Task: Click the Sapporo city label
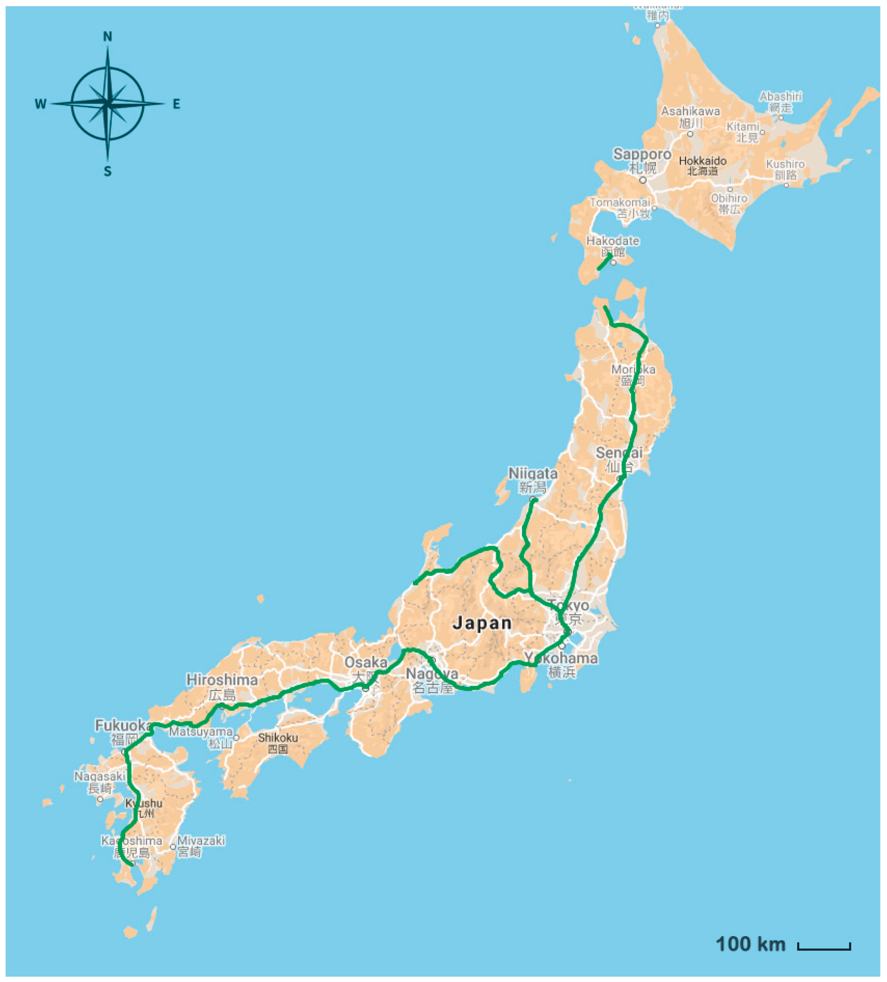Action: [642, 155]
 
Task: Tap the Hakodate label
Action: [612, 241]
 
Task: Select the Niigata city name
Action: [532, 473]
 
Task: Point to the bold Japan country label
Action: [482, 623]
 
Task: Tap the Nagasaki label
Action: [99, 776]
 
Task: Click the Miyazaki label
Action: [201, 840]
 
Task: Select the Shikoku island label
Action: [278, 737]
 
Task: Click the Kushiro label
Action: [785, 164]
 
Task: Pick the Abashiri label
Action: [780, 96]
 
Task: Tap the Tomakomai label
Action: [620, 202]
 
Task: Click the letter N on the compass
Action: [108, 37]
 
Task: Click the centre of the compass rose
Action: [108, 103]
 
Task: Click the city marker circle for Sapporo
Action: [643, 180]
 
